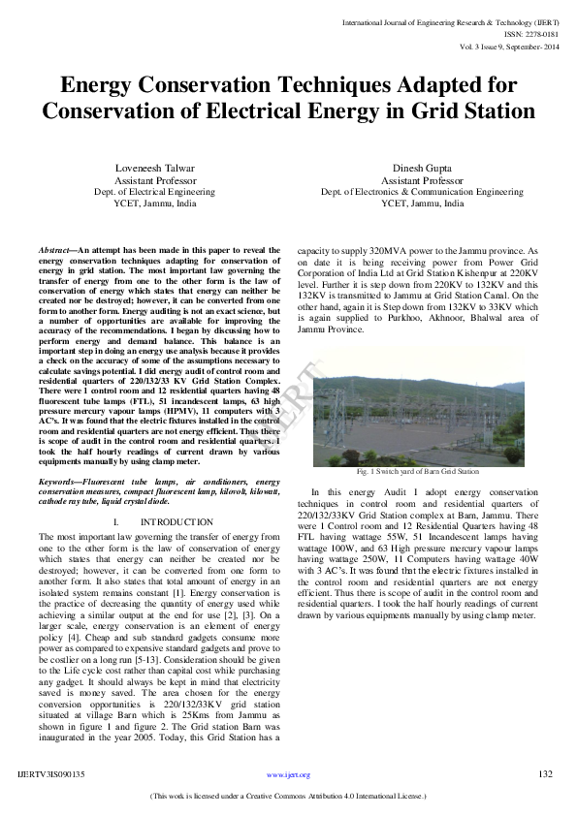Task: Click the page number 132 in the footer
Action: point(545,774)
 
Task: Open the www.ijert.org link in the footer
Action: point(288,775)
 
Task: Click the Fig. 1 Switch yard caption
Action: point(417,471)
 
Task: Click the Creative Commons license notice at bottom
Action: point(288,796)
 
